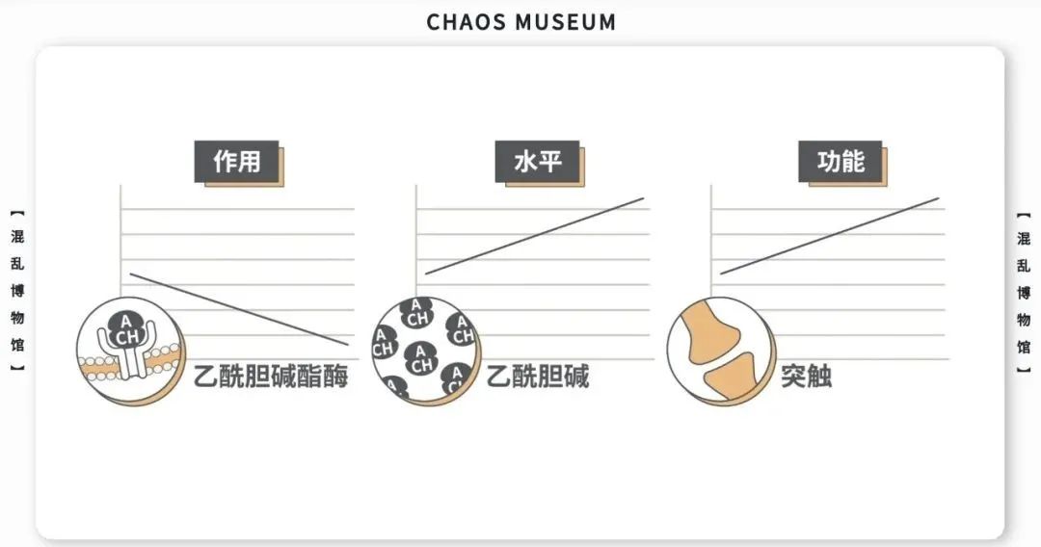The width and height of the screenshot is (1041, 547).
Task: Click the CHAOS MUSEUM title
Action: (520, 21)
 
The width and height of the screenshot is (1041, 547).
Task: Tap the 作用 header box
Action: (237, 161)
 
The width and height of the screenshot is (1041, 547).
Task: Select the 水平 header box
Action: (537, 161)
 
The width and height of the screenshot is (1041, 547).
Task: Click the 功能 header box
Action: (841, 161)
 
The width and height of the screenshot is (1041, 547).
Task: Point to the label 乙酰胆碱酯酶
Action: (271, 376)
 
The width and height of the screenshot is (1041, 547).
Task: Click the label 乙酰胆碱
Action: (537, 376)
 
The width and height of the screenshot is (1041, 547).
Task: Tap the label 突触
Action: (806, 376)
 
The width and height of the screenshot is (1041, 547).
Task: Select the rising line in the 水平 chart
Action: (535, 236)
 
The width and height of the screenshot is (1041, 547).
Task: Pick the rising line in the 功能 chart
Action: (830, 236)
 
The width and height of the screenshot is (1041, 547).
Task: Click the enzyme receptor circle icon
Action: (128, 348)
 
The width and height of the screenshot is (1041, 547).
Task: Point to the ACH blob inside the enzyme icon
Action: (123, 329)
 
